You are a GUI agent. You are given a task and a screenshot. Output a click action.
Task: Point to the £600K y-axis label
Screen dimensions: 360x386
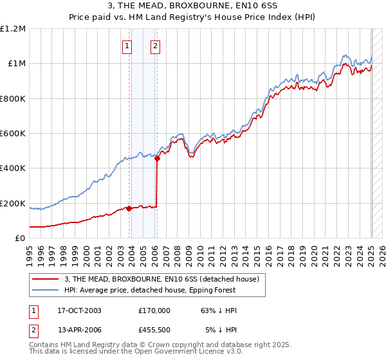point(13,134)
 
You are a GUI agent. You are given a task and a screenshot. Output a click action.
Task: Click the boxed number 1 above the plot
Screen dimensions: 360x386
point(127,46)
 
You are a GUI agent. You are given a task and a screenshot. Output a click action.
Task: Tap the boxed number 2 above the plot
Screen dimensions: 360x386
point(156,46)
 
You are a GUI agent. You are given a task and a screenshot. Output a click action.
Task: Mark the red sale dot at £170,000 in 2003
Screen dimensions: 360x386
point(129,208)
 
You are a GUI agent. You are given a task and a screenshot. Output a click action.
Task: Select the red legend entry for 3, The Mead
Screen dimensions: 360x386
point(161,279)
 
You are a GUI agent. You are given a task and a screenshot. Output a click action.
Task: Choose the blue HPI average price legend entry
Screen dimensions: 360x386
point(163,290)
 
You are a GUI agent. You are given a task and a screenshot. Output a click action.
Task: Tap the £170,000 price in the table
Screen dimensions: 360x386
point(154,310)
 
